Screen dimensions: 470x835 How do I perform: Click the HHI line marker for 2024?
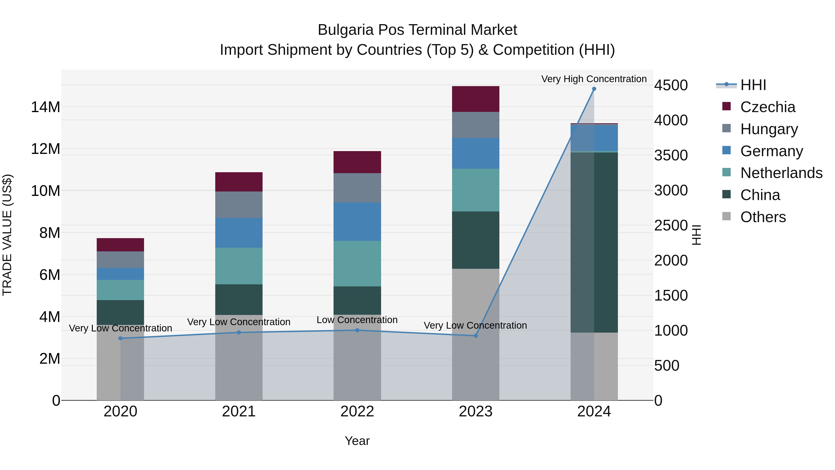[x=594, y=89]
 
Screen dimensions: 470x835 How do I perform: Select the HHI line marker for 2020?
[x=121, y=338]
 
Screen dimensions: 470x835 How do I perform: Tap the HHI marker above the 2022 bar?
[x=357, y=330]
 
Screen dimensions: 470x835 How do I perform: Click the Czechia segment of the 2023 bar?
[x=475, y=99]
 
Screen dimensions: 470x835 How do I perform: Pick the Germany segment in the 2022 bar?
[x=357, y=222]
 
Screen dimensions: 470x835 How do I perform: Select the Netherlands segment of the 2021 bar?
[x=239, y=266]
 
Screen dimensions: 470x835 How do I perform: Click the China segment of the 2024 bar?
[x=594, y=242]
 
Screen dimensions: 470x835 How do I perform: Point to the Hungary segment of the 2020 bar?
[x=121, y=259]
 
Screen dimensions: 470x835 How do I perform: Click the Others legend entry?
[x=763, y=217]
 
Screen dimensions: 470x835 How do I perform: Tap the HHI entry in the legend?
[x=753, y=85]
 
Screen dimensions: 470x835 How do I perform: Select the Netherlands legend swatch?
[x=726, y=172]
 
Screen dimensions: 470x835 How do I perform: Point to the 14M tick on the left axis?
[x=45, y=107]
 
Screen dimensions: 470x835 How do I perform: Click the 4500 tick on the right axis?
[x=671, y=85]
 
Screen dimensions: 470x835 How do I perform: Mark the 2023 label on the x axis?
[x=475, y=412]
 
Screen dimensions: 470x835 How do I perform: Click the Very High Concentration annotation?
[x=594, y=79]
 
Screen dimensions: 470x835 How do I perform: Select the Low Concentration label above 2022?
[x=357, y=320]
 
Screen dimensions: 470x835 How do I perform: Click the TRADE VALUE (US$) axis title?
[x=7, y=235]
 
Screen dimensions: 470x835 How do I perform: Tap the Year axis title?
[x=357, y=441]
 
